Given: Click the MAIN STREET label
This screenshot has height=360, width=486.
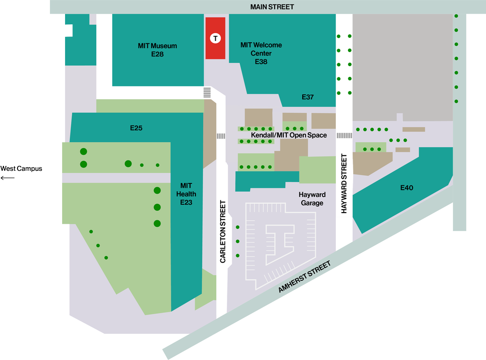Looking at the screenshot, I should point(272,7).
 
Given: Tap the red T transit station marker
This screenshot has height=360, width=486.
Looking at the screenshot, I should point(215,37).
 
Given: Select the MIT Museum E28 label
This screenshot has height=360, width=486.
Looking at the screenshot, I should point(157,50).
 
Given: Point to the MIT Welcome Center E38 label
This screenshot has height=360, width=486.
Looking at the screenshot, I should point(261,53).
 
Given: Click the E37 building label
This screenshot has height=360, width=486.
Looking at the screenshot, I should point(308,97).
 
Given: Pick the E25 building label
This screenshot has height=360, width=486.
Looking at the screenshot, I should point(136,128).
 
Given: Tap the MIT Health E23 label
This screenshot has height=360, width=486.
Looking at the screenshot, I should point(187,194).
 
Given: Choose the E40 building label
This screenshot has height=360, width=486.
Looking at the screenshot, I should point(406,188).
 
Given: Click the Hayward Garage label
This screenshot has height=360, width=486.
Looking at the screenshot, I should point(312,198).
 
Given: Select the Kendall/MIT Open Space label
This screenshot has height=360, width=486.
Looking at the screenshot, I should point(289,135).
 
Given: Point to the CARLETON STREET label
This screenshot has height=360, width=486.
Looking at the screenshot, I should point(223,232).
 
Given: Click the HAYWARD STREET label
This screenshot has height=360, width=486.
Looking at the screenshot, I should point(344,183).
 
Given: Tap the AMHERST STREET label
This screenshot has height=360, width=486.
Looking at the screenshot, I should point(305,277).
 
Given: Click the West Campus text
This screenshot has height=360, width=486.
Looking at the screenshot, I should point(21,169).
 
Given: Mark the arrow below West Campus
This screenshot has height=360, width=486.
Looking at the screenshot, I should point(8,178).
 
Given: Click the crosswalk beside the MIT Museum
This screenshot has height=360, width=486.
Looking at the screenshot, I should point(207,92).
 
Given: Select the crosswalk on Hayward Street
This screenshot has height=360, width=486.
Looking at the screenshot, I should point(344,135).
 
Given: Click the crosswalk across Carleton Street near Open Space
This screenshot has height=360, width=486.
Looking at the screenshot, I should point(221,136).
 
